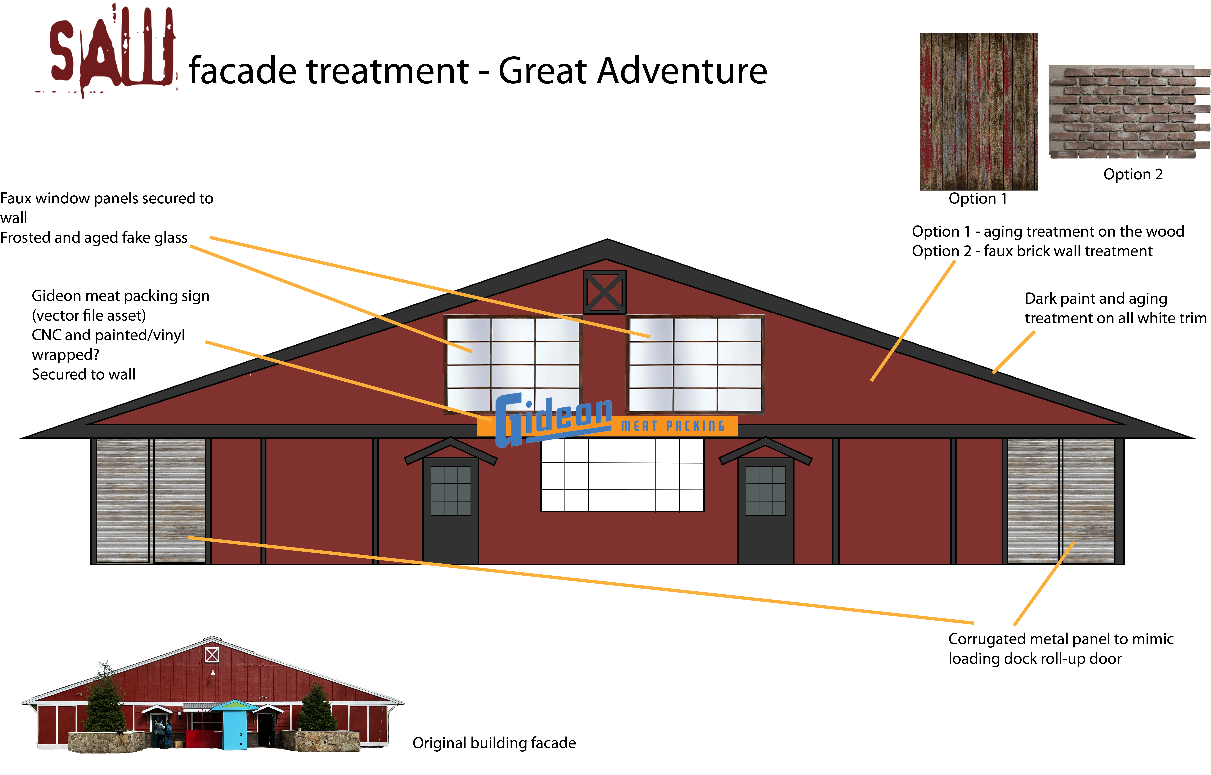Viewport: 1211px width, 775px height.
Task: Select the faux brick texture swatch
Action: [x=1129, y=112]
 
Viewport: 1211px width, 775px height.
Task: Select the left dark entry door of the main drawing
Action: [x=450, y=511]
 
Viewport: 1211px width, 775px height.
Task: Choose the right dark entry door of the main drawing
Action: [x=766, y=511]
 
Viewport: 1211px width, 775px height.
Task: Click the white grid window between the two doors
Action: [x=622, y=475]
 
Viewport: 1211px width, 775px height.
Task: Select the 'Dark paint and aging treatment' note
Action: [x=1115, y=308]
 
